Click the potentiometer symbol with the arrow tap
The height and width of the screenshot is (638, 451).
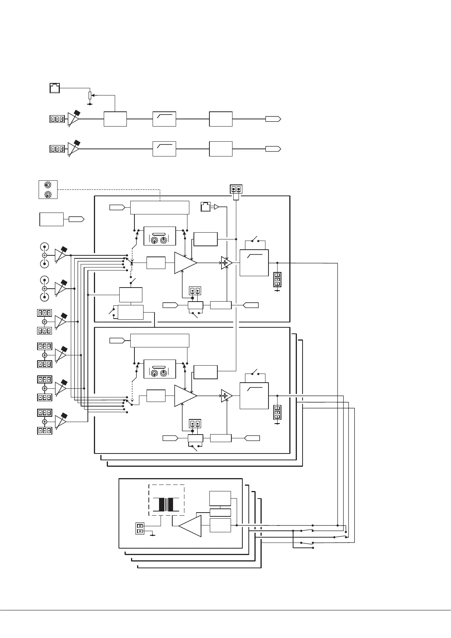[90, 95]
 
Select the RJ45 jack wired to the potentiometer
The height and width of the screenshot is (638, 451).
[55, 88]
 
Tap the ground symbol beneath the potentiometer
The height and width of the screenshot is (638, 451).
[90, 103]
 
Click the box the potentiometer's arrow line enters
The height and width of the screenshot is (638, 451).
[115, 119]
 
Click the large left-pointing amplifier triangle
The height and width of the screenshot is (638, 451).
[190, 525]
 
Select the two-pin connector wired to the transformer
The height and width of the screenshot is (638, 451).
[140, 529]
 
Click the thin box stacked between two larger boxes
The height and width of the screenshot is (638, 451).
[220, 513]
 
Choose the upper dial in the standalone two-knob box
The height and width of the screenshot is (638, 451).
[48, 185]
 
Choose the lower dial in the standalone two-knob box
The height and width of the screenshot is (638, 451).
[48, 194]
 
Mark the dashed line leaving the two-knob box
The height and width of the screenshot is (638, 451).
[110, 189]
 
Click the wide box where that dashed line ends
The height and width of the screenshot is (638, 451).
[159, 208]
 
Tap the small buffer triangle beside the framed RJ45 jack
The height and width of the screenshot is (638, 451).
[217, 207]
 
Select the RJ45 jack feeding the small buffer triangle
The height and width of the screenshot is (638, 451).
[205, 207]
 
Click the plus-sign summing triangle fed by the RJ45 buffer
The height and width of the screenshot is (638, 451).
[226, 263]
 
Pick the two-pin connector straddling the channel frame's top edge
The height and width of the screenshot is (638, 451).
[236, 189]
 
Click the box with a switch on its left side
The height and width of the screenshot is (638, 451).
[131, 312]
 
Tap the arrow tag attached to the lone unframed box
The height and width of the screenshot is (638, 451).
[76, 219]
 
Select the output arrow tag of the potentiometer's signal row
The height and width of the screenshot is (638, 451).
[273, 119]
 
